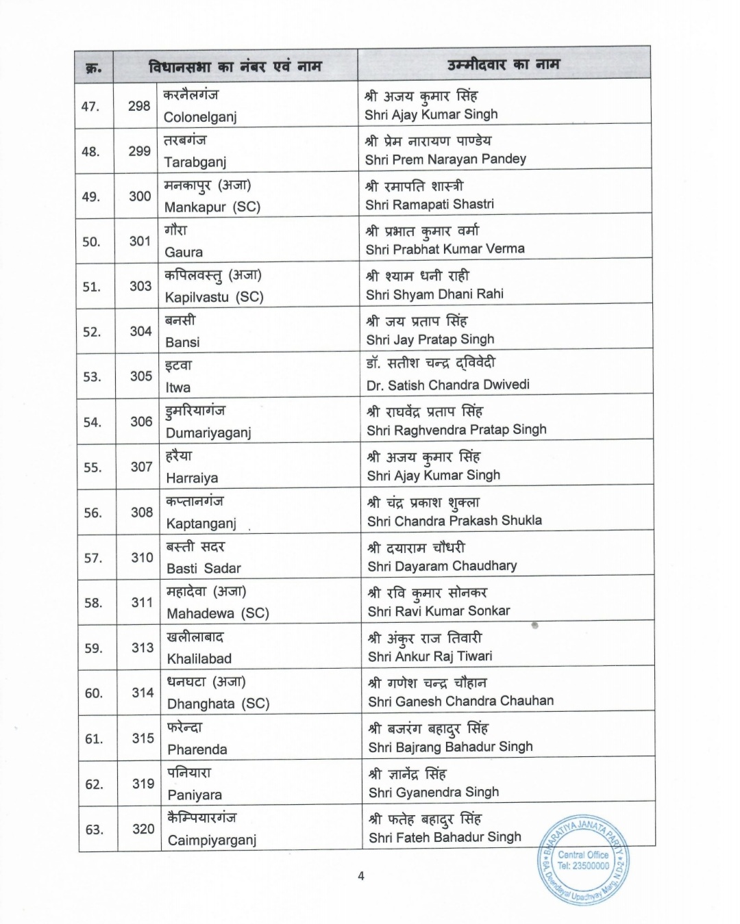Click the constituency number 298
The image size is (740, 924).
tap(139, 105)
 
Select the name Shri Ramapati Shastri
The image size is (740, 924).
tap(430, 204)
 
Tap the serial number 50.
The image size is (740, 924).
tap(91, 242)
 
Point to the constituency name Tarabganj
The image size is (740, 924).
tap(195, 162)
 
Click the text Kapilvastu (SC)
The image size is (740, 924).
tap(214, 297)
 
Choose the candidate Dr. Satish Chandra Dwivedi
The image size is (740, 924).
tap(447, 385)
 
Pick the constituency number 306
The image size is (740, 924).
tap(141, 422)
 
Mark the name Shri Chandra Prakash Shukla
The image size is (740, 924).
tap(454, 521)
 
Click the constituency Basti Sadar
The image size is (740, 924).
tap(203, 568)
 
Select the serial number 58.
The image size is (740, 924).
tap(93, 603)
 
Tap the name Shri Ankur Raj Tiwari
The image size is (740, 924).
tap(430, 656)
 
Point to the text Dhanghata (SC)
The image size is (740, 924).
tap(219, 704)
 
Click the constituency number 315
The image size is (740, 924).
tap(143, 738)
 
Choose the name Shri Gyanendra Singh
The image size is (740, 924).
tap(434, 792)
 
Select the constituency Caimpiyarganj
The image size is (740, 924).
tap(212, 840)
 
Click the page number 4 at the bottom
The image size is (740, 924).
tap(361, 875)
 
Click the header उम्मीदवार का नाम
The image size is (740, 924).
tap(504, 65)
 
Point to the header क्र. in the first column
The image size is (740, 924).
tap(94, 68)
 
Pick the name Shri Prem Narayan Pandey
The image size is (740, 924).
tap(445, 159)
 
